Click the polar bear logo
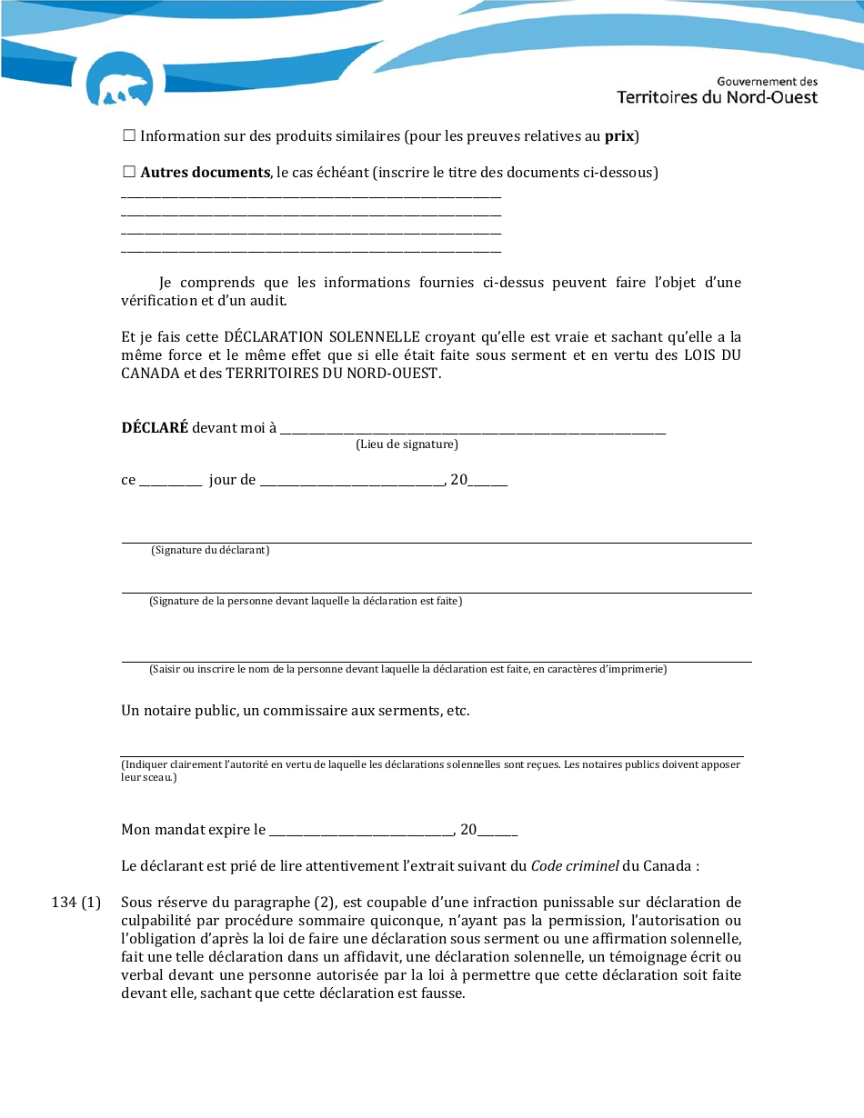(118, 82)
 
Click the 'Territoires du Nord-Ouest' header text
(717, 97)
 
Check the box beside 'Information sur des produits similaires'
(128, 135)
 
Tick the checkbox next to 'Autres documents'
(128, 172)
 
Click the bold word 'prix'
(619, 136)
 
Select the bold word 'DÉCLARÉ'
(155, 428)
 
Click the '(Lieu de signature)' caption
(407, 444)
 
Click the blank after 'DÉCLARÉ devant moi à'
(473, 428)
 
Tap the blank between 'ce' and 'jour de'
(170, 480)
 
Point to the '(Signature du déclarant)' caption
(210, 550)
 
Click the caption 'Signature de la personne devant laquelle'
(305, 601)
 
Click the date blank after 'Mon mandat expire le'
(361, 830)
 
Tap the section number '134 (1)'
(76, 903)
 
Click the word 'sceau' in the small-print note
(156, 778)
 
